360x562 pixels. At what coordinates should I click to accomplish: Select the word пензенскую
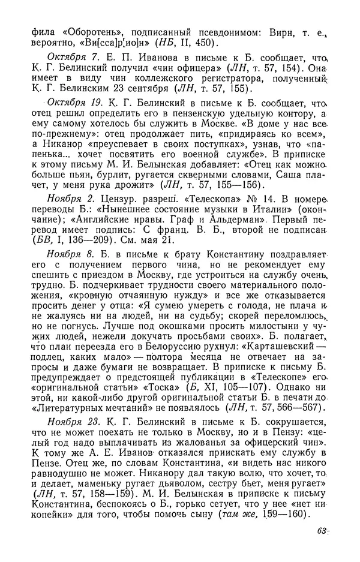pyautogui.click(x=206, y=115)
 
